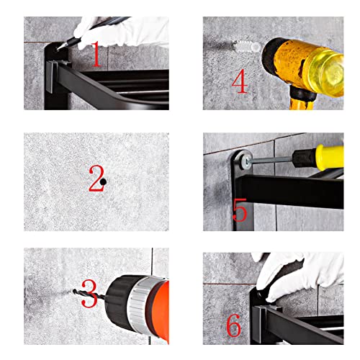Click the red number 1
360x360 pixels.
[x=96, y=54]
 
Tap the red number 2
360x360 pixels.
[x=96, y=178]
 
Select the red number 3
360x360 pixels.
[x=89, y=293]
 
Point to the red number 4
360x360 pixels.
[x=240, y=81]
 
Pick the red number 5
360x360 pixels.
[x=240, y=210]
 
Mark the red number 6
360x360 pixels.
[x=233, y=325]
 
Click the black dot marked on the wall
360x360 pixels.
[x=103, y=182]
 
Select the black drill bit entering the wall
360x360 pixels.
[x=89, y=294]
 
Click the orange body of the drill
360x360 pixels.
[x=161, y=310]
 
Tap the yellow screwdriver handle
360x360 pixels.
[x=330, y=158]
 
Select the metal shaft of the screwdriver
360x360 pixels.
[x=271, y=160]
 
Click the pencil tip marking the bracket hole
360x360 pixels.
[x=58, y=49]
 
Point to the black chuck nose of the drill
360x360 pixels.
[x=118, y=302]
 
